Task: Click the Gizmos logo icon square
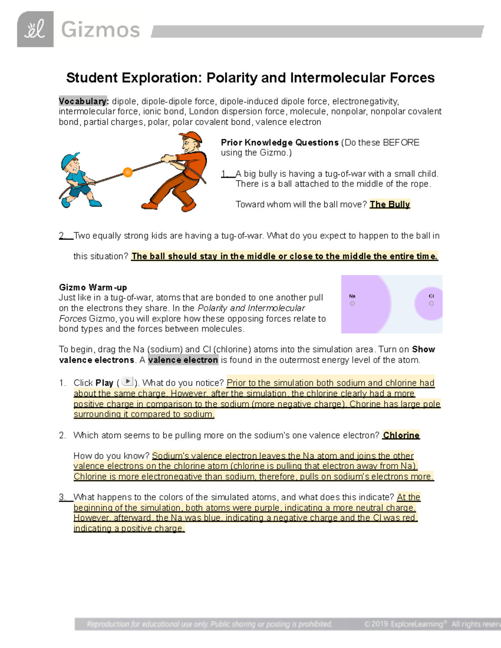(35, 29)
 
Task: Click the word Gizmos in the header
(100, 30)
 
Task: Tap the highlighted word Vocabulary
(83, 101)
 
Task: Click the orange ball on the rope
(128, 172)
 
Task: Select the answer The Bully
(390, 204)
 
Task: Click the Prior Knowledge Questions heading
(279, 143)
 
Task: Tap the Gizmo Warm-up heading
(93, 287)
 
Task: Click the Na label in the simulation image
(352, 296)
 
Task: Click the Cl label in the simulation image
(431, 296)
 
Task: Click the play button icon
(127, 381)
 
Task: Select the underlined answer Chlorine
(401, 435)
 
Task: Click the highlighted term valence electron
(183, 360)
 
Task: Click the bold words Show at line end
(423, 350)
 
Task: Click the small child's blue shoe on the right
(96, 204)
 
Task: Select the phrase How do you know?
(111, 456)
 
